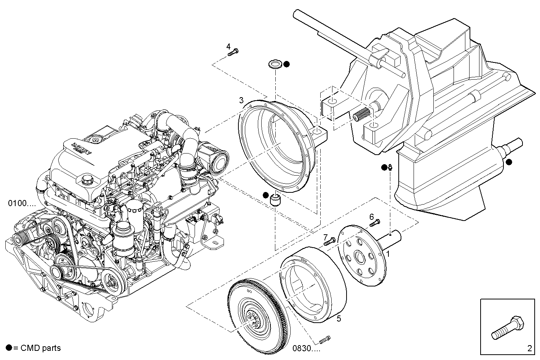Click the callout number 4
pos(228,46)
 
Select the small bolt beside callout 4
pos(232,53)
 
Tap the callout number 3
pos(241,101)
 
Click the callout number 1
pos(388,253)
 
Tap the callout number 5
pos(339,319)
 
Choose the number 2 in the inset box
pos(530,347)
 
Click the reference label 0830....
pos(306,348)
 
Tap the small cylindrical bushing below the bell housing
pos(275,199)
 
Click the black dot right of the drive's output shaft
pos(509,162)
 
